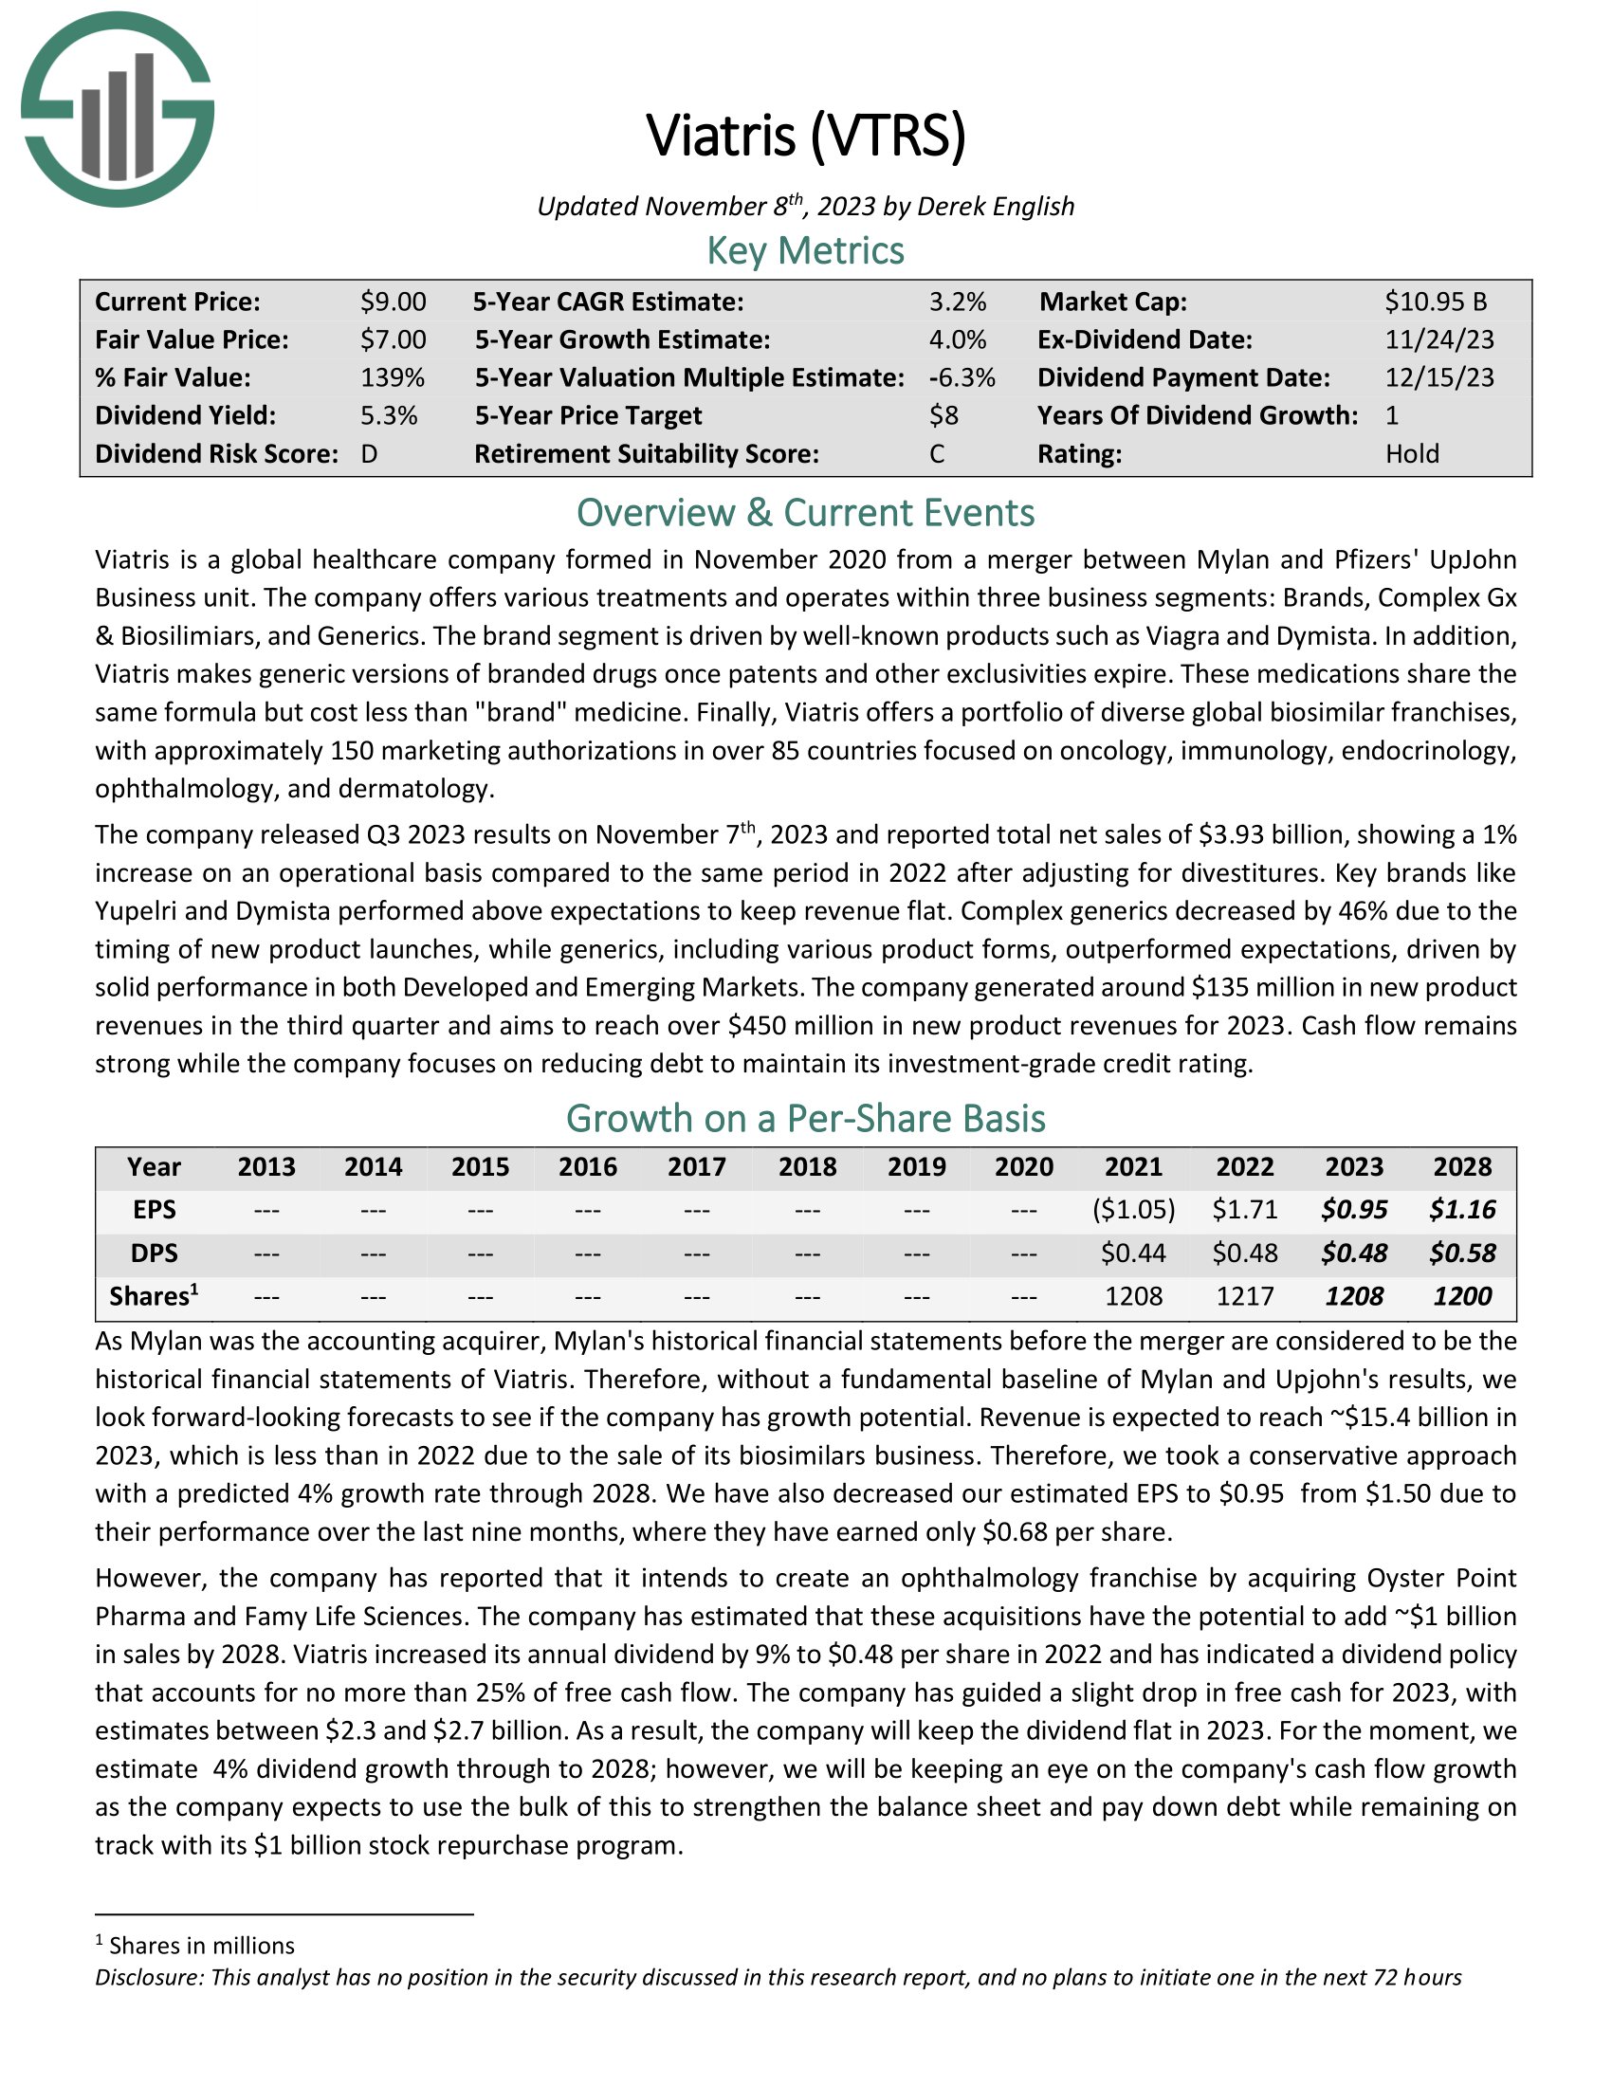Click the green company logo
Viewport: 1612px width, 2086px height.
click(118, 110)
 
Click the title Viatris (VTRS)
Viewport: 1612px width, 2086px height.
click(806, 135)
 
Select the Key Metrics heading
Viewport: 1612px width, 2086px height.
click(805, 251)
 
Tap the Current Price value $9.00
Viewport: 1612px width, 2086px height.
click(393, 302)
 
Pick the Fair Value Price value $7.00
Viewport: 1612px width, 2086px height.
click(393, 340)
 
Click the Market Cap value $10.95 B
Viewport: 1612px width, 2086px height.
click(1436, 302)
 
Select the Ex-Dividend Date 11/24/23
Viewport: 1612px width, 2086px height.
click(1439, 340)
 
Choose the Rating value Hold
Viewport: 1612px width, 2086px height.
click(1412, 453)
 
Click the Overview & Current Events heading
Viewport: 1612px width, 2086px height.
click(805, 514)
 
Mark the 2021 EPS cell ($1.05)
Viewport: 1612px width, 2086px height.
click(1133, 1210)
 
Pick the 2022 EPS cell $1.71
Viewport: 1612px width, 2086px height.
click(1244, 1210)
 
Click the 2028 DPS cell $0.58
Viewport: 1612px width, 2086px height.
click(1462, 1253)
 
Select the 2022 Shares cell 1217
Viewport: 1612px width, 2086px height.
click(1244, 1296)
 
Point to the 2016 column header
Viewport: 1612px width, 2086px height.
click(587, 1167)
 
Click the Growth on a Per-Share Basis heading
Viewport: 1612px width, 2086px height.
click(805, 1120)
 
